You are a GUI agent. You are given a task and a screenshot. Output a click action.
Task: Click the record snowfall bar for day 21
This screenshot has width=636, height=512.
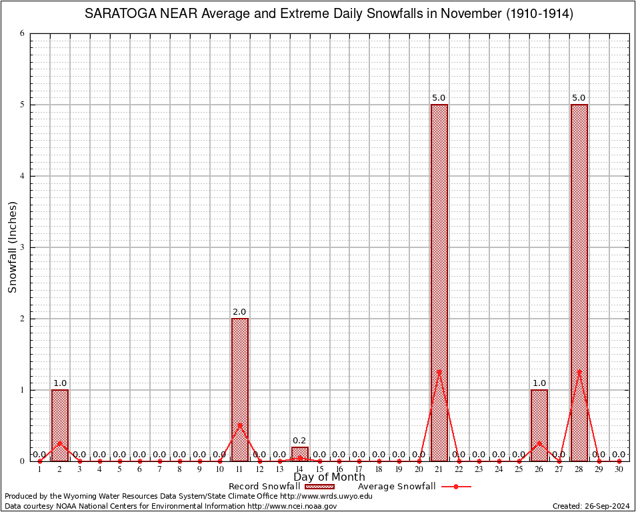coord(439,283)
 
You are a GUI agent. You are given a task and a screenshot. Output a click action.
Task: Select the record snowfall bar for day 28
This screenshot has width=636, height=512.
coord(579,283)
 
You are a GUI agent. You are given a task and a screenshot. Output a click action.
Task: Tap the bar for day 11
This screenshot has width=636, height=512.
coord(240,389)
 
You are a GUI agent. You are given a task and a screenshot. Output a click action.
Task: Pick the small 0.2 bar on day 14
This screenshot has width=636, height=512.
coord(300,453)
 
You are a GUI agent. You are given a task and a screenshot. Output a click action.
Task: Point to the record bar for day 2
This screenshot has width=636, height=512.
coord(60,425)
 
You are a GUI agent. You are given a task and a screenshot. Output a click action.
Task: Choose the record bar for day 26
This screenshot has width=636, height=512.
coord(539,425)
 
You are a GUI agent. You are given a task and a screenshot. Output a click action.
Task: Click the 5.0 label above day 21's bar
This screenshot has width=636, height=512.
coord(439,98)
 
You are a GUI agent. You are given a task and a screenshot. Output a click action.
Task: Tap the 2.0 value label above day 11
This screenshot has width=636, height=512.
coord(239,312)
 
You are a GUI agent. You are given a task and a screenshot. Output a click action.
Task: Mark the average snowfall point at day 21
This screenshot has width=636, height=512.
coord(439,371)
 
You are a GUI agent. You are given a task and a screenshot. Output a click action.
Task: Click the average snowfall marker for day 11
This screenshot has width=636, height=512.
coord(240,425)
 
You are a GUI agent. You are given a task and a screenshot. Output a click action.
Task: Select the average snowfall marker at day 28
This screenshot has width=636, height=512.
coord(579,371)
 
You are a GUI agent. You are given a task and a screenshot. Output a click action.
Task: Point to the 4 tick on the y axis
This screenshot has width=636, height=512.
coord(22,176)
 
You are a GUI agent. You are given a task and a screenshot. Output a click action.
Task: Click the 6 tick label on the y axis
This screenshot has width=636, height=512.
coord(22,33)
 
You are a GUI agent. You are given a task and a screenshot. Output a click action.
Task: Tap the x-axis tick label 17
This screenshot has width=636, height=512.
coord(359,469)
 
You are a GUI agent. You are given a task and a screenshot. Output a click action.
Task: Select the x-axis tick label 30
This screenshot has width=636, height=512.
coord(619,469)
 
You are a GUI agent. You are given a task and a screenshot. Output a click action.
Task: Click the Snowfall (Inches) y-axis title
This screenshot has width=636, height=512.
coord(13,247)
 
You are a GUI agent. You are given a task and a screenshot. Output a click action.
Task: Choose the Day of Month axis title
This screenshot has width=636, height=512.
coord(329,477)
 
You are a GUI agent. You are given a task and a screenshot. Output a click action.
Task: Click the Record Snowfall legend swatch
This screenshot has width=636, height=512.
coord(319,487)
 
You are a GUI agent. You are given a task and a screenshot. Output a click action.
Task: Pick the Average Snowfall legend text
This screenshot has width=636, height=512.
coord(397,487)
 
